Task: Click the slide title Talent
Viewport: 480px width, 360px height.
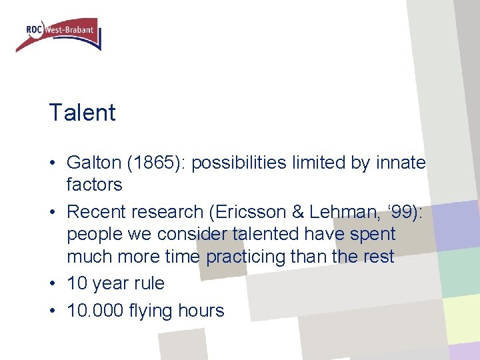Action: pos(82,112)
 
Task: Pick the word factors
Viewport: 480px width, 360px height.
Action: pos(94,184)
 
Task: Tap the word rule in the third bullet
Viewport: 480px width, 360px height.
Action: pos(148,283)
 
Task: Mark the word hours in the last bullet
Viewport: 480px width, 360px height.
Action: pos(202,311)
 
